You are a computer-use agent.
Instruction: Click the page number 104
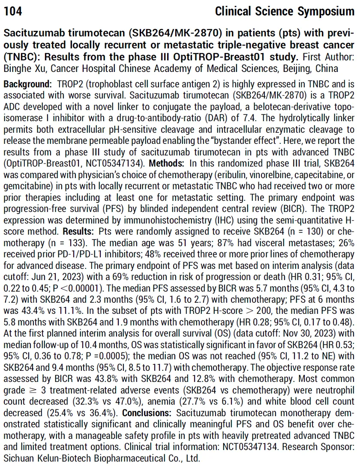[x=13, y=11]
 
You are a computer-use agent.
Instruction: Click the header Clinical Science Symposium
[x=285, y=11]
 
